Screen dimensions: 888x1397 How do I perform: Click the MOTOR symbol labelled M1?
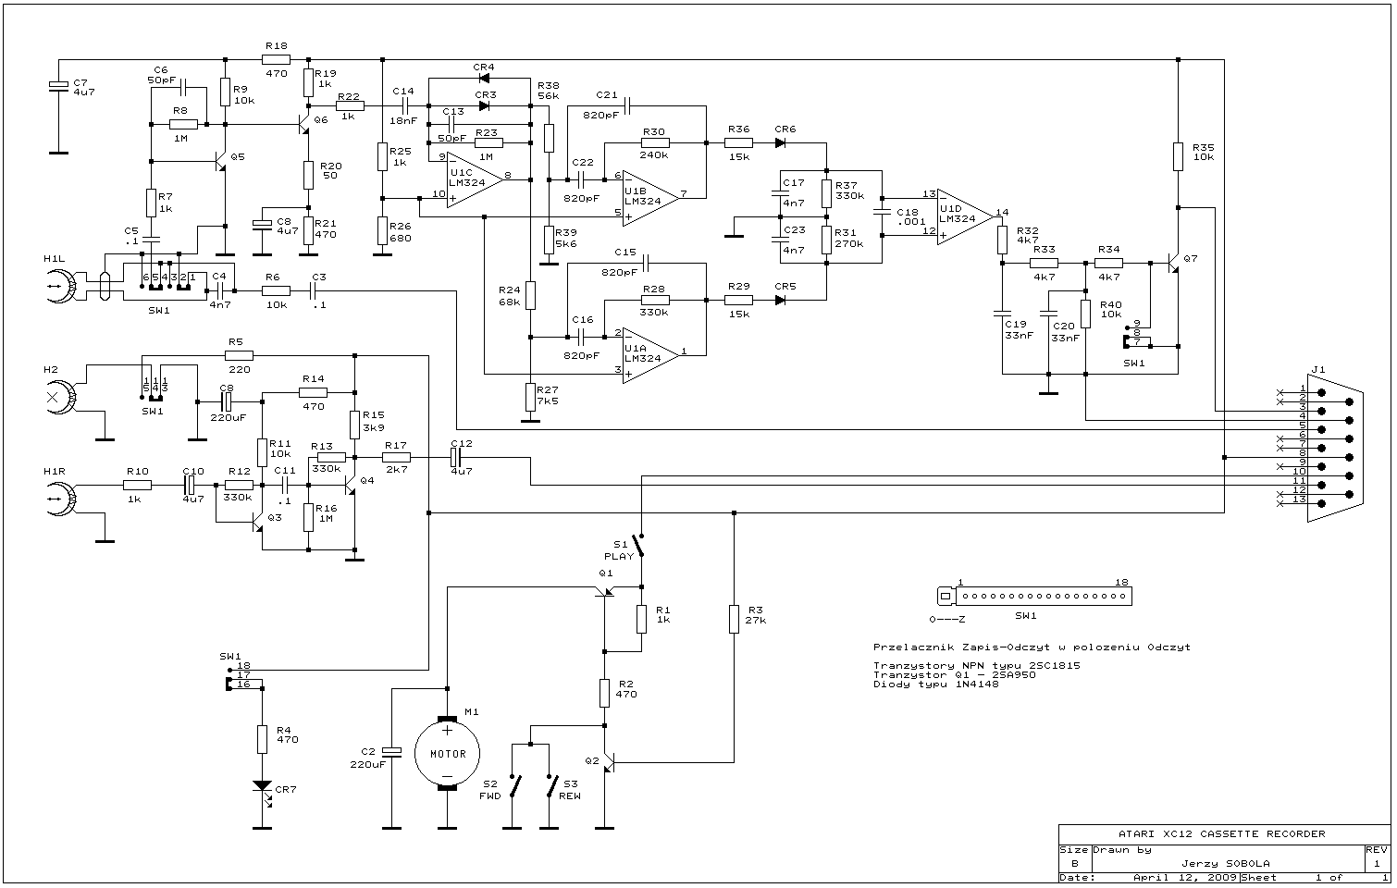click(447, 754)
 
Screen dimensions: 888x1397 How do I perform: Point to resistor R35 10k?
click(1178, 156)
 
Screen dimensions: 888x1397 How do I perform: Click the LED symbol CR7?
click(263, 788)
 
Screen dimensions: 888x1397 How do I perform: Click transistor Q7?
click(1173, 263)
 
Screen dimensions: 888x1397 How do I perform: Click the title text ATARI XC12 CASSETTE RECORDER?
click(1221, 833)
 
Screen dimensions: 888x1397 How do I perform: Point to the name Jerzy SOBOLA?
click(1225, 863)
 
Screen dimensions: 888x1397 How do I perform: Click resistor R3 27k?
click(734, 618)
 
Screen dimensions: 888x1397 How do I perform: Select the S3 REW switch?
click(552, 787)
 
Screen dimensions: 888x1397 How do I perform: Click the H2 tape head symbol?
click(62, 398)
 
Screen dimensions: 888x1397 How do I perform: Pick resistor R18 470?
click(276, 58)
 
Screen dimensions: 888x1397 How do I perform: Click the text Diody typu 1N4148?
click(935, 684)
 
